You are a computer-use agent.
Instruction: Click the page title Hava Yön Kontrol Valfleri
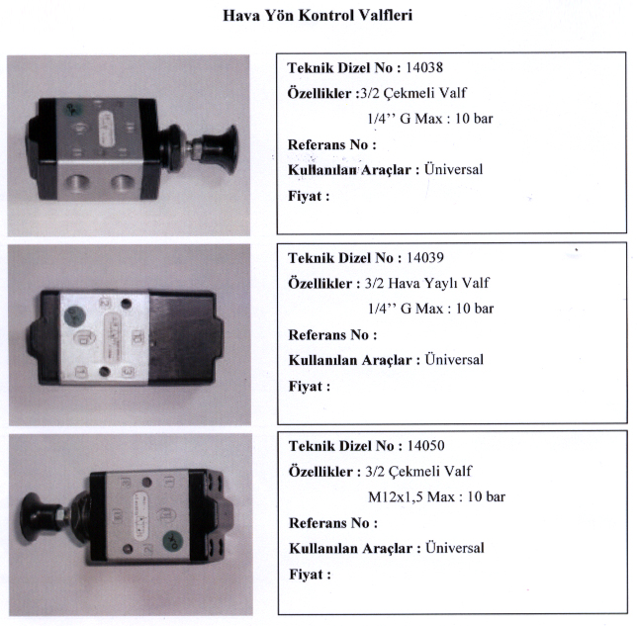click(318, 16)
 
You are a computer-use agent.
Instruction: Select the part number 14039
click(425, 257)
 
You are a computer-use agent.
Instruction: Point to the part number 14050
click(425, 446)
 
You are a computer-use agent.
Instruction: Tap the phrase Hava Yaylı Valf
click(439, 283)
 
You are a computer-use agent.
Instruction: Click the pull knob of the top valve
click(220, 148)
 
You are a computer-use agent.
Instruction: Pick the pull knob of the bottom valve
click(38, 517)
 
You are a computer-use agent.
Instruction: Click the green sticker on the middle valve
click(75, 315)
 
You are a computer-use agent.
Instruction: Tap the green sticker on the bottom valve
click(173, 541)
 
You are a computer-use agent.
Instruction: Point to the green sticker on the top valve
click(73, 109)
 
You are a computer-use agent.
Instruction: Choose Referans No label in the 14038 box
click(332, 144)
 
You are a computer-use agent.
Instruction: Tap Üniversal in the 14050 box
click(455, 548)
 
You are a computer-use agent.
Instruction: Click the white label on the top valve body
click(107, 130)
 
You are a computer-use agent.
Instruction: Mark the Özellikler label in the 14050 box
click(324, 472)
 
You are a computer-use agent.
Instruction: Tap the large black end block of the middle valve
click(185, 337)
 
